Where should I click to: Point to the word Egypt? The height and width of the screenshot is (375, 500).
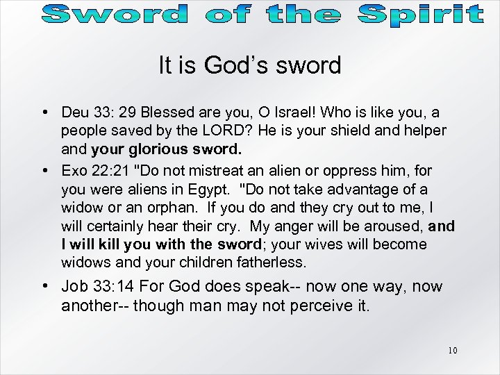click(x=215, y=189)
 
